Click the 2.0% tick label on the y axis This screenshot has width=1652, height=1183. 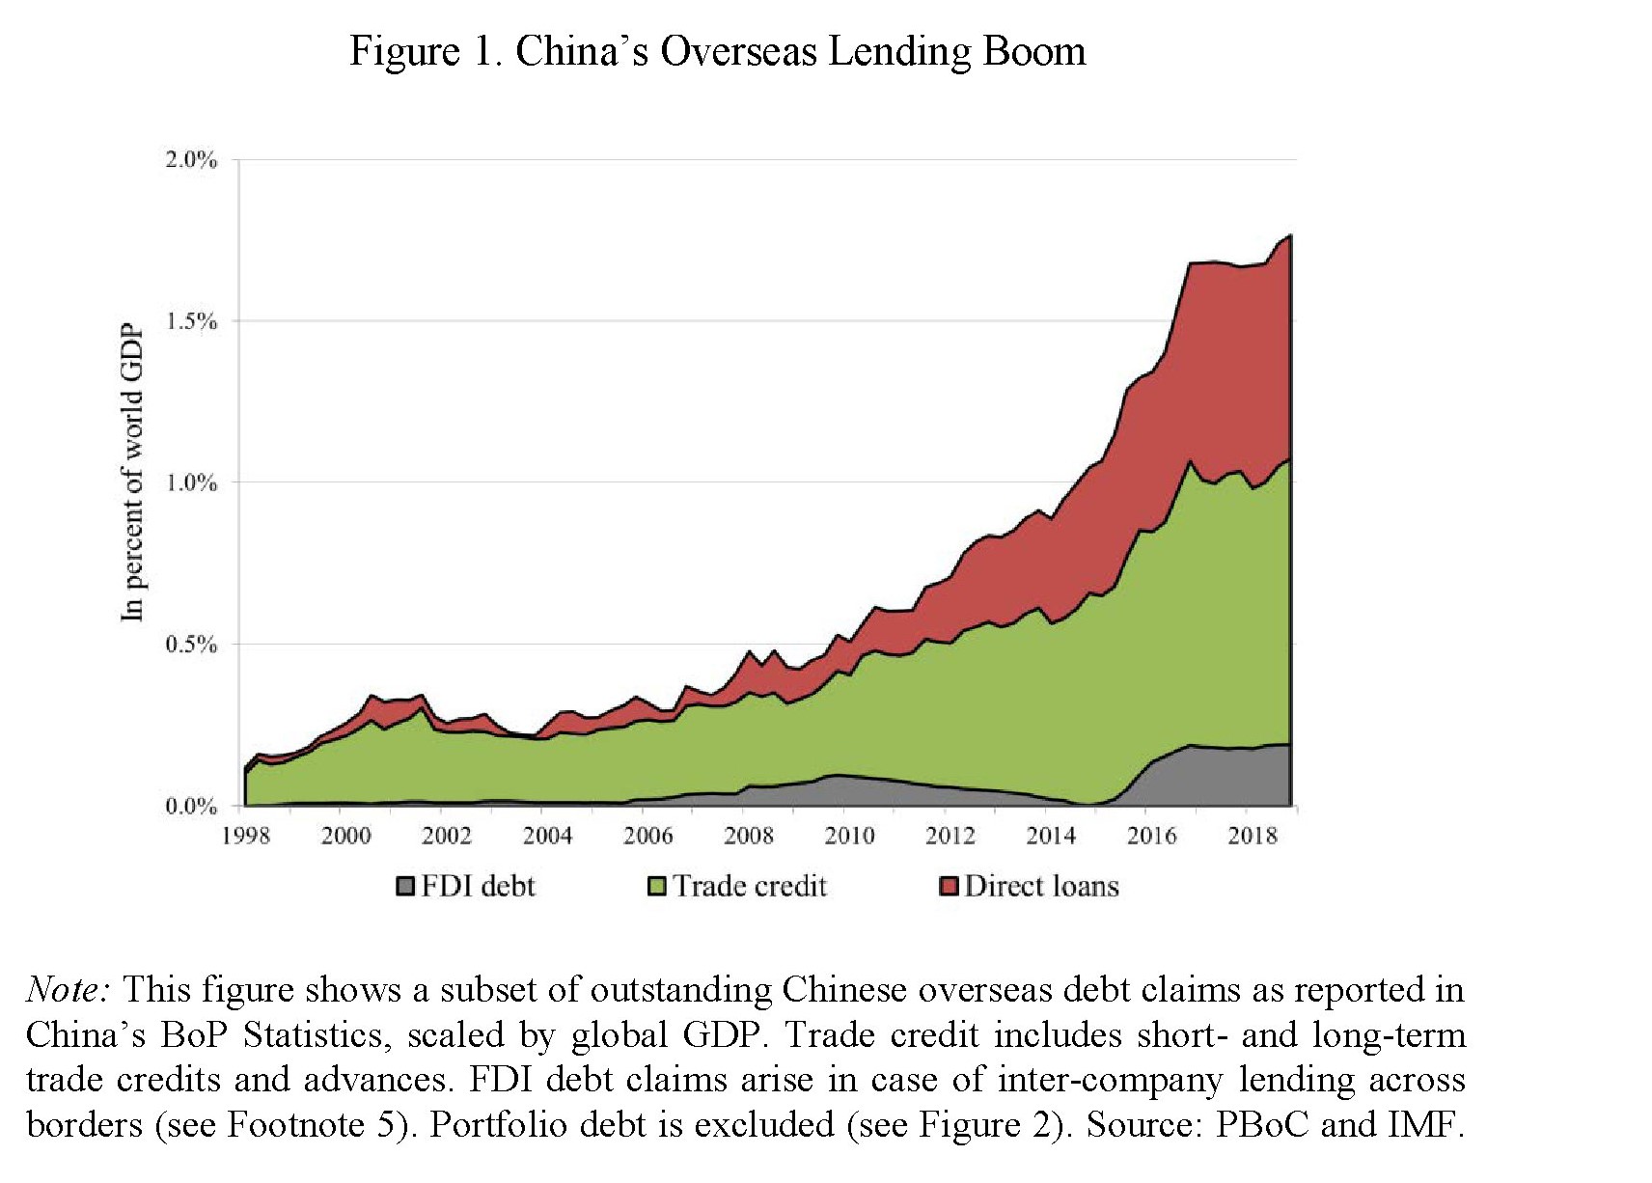191,160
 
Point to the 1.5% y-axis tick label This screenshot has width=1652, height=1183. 191,321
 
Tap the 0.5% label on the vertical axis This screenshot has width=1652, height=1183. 191,645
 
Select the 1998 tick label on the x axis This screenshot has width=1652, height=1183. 246,836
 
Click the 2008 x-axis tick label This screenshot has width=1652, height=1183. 749,836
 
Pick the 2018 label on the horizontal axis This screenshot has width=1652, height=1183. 1252,836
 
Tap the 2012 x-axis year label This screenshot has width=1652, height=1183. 950,836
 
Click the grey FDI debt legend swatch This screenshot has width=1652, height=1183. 406,886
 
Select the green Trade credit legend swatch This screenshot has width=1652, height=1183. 657,886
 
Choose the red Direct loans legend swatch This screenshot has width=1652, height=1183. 950,886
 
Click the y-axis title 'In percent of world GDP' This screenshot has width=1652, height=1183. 132,472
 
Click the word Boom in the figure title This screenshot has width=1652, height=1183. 1033,51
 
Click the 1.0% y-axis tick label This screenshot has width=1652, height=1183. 191,483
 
